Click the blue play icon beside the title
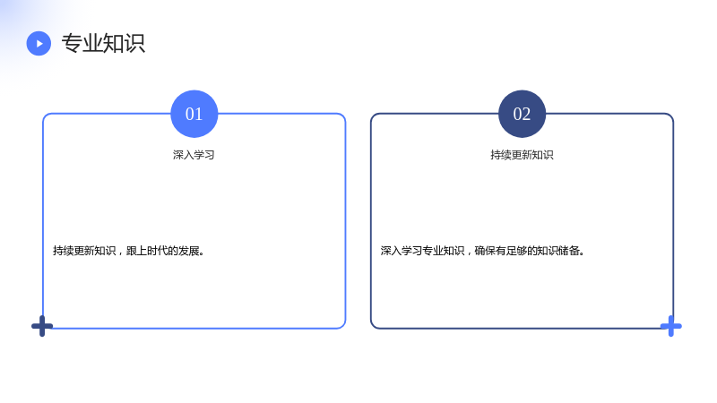(39, 43)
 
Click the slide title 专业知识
(103, 43)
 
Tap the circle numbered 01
(194, 114)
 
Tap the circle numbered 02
(522, 114)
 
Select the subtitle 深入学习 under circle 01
(194, 155)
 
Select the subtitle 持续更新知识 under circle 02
(522, 155)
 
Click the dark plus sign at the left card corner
(42, 326)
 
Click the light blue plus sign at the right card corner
(670, 326)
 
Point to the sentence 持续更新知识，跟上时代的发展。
(128, 251)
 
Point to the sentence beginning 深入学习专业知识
(482, 251)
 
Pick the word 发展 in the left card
(188, 251)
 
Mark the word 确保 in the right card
(485, 251)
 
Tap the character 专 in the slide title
(72, 43)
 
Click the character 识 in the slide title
(135, 43)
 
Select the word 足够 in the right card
(516, 251)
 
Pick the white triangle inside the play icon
(39, 43)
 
